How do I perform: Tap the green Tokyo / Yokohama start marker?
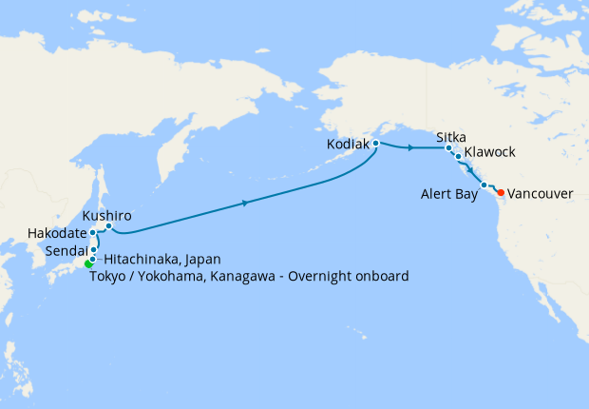(88, 263)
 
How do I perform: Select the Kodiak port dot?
(376, 144)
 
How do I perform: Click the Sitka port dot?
(446, 148)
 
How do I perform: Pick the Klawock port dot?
(458, 157)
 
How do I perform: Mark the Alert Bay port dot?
(484, 185)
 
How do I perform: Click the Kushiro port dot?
(108, 226)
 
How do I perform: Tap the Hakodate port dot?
(92, 232)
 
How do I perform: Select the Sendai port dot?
(93, 249)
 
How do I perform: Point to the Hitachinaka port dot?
(92, 259)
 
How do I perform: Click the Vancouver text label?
(541, 193)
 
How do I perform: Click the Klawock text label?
(491, 152)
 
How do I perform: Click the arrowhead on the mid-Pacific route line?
(246, 203)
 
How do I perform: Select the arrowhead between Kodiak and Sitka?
(409, 148)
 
